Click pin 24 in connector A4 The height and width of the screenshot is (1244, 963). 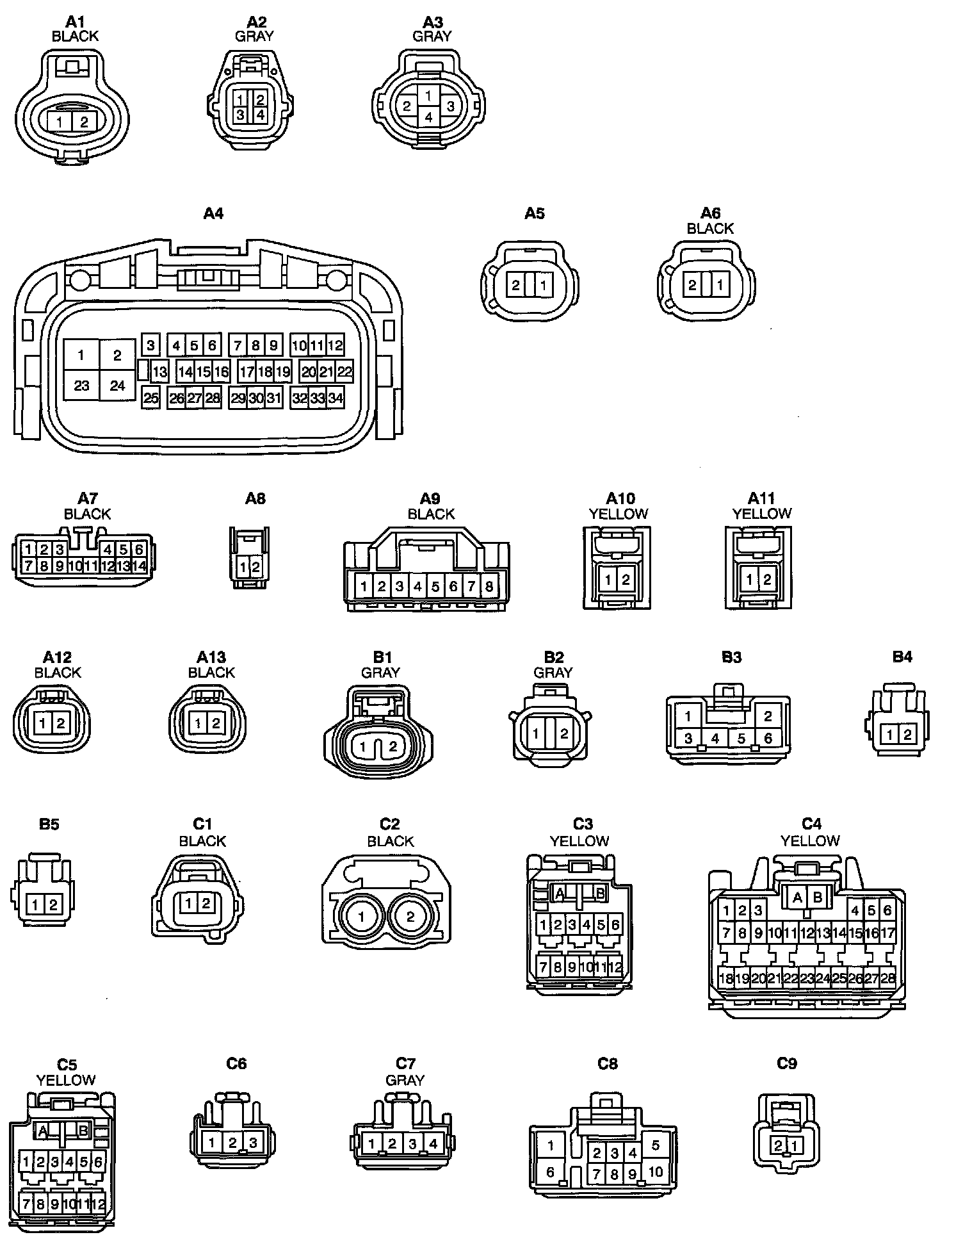pyautogui.click(x=117, y=386)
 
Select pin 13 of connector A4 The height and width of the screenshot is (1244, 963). pyautogui.click(x=159, y=372)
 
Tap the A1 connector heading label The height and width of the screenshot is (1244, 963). pyautogui.click(x=75, y=22)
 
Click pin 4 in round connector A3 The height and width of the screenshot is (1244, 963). pyautogui.click(x=429, y=117)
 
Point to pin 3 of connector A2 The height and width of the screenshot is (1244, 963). pyautogui.click(x=240, y=115)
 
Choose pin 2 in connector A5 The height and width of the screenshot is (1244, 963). pyautogui.click(x=516, y=285)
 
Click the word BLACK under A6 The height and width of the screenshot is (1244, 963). pyautogui.click(x=710, y=228)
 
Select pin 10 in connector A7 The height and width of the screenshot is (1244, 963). pyautogui.click(x=75, y=566)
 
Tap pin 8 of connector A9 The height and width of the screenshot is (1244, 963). pyautogui.click(x=489, y=585)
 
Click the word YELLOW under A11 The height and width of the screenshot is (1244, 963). pyautogui.click(x=762, y=514)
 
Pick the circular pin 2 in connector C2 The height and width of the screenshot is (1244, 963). pyautogui.click(x=410, y=916)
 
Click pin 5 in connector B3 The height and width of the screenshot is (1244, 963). pyautogui.click(x=741, y=739)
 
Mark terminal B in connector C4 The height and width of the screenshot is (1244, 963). pyautogui.click(x=818, y=897)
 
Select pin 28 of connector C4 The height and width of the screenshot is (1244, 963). pyautogui.click(x=888, y=978)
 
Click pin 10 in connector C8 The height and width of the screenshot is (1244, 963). pyautogui.click(x=656, y=1172)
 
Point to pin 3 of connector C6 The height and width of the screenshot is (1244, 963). pyautogui.click(x=253, y=1142)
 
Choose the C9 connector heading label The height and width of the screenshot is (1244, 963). pyautogui.click(x=787, y=1063)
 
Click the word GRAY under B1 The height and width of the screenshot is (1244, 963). pyautogui.click(x=380, y=673)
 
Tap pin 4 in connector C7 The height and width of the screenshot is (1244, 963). pyautogui.click(x=433, y=1143)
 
